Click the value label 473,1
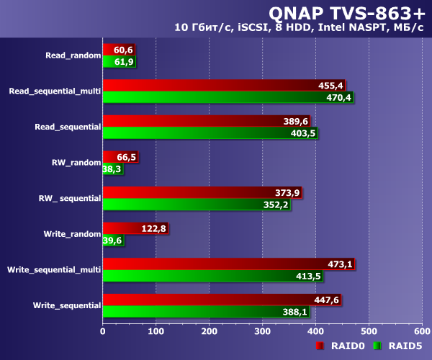340,264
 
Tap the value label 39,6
112,240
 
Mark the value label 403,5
302,133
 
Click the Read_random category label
72,55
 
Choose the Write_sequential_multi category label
53,270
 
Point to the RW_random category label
76,163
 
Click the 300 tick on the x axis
262,332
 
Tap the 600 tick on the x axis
422,332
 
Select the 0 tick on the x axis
103,332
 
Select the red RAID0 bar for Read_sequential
194,122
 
